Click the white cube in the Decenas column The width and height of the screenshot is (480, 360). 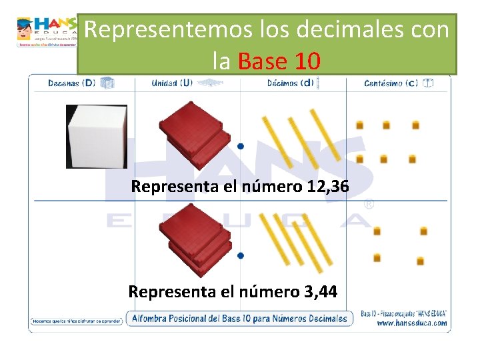(x=96, y=136)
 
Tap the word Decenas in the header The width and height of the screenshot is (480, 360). (x=64, y=83)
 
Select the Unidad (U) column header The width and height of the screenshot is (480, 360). (x=172, y=83)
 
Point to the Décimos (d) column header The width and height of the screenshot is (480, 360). (x=290, y=83)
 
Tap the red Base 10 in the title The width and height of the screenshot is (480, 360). (x=279, y=61)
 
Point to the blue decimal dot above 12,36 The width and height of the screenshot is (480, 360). (x=240, y=146)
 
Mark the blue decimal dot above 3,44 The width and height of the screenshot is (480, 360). (x=240, y=255)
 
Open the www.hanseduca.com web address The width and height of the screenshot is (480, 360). (x=411, y=323)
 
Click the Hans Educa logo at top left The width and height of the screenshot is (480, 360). (x=47, y=31)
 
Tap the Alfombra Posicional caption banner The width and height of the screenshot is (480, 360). (x=240, y=318)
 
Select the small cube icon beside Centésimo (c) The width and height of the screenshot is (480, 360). (x=428, y=83)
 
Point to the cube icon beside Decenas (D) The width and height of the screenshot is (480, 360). (x=107, y=83)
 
